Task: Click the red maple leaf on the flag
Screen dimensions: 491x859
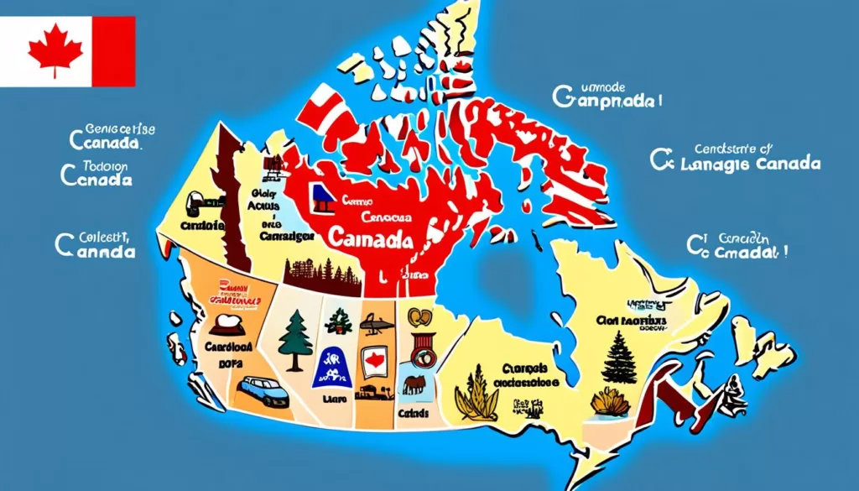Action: tap(55, 50)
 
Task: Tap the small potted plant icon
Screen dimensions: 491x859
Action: tap(339, 320)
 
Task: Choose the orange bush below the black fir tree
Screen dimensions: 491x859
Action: tap(610, 403)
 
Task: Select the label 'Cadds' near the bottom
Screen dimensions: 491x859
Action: tap(414, 414)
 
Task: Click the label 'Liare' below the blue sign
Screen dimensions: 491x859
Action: tap(333, 401)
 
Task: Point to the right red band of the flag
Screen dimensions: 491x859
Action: tap(113, 51)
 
